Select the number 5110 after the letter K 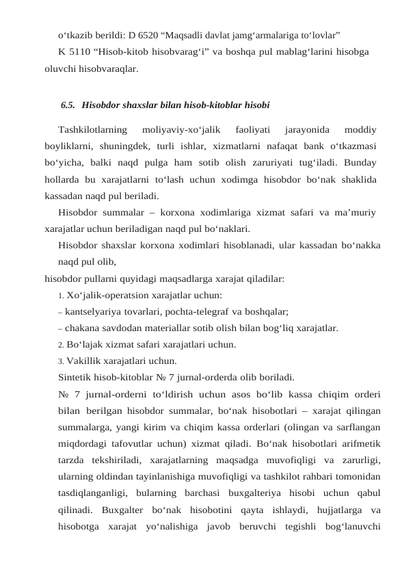pos(82,51)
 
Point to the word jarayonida pos(306,128)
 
